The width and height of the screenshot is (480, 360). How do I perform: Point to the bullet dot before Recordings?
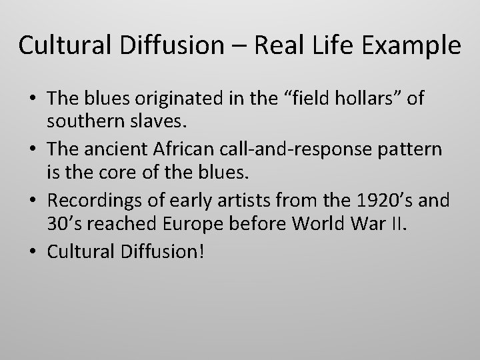[x=33, y=199]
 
